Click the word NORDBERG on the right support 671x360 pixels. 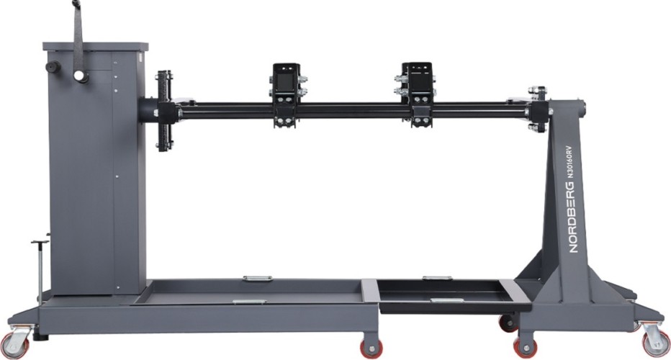(x=572, y=217)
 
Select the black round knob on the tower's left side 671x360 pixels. (x=53, y=67)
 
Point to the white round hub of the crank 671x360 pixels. (x=78, y=76)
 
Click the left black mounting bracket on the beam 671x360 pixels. (x=287, y=95)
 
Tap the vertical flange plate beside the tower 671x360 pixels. (x=165, y=112)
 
